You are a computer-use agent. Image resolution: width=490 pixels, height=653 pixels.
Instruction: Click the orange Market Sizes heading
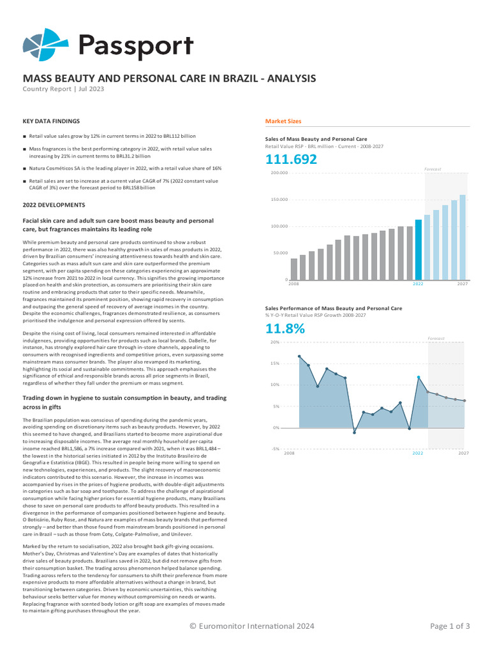click(x=283, y=121)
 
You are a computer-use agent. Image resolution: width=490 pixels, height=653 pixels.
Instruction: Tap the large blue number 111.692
click(x=291, y=160)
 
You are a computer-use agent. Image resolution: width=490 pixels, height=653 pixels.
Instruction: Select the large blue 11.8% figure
click(x=285, y=329)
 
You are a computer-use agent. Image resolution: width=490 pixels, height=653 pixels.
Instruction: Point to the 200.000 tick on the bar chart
click(x=279, y=173)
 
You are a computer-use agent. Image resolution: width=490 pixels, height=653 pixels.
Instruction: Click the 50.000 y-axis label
click(x=281, y=253)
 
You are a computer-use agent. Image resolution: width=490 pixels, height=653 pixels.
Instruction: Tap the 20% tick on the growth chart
click(x=276, y=342)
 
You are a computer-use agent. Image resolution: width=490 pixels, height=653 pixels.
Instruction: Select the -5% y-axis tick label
click(x=275, y=449)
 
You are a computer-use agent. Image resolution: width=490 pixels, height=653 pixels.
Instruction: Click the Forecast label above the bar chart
click(x=433, y=169)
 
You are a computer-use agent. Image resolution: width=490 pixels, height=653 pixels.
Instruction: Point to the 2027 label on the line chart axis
click(x=463, y=453)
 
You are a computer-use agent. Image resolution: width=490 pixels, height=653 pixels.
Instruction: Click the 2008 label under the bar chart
click(x=294, y=284)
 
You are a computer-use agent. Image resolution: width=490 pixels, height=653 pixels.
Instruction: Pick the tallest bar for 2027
click(x=463, y=237)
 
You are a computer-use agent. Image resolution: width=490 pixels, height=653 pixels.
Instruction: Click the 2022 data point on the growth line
click(x=419, y=378)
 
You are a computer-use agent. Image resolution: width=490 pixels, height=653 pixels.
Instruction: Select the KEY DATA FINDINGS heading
click(x=51, y=121)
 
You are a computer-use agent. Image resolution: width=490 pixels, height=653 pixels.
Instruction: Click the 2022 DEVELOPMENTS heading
click(x=54, y=205)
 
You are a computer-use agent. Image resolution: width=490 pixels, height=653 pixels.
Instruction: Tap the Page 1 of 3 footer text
click(x=450, y=626)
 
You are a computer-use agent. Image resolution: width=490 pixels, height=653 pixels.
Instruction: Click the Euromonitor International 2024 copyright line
click(x=252, y=626)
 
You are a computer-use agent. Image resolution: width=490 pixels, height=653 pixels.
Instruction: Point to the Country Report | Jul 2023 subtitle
click(x=63, y=89)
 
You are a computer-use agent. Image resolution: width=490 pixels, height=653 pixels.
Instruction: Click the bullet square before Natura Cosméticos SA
click(x=24, y=169)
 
